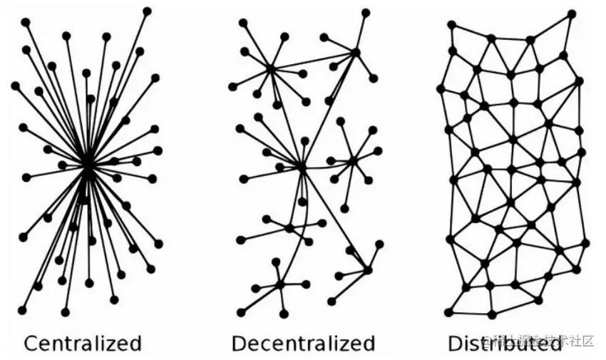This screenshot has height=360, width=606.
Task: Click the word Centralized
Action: pyautogui.click(x=83, y=343)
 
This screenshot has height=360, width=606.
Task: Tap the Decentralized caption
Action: pyautogui.click(x=303, y=343)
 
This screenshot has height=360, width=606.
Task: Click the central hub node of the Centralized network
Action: pyautogui.click(x=87, y=164)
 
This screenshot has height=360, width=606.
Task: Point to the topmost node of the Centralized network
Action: pyautogui.click(x=147, y=11)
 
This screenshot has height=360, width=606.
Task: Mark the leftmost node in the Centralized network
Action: pyautogui.click(x=15, y=86)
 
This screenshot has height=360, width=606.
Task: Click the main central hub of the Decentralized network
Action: pyautogui.click(x=302, y=167)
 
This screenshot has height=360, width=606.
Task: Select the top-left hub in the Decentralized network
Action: pyautogui.click(x=271, y=68)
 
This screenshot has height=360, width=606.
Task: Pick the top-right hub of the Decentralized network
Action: pyautogui.click(x=355, y=51)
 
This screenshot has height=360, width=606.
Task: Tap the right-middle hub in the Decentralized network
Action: pyautogui.click(x=352, y=161)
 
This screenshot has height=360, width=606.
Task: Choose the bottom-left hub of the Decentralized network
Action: pyautogui.click(x=280, y=284)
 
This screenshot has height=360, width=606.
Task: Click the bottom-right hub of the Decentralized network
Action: pyautogui.click(x=367, y=269)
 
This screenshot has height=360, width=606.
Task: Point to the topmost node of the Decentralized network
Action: pyautogui.click(x=366, y=13)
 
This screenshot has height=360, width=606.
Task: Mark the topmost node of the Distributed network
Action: pyautogui.click(x=572, y=14)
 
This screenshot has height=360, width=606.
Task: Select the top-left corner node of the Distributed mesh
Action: pyautogui.click(x=451, y=25)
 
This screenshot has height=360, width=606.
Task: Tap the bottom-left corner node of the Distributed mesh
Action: pyautogui.click(x=448, y=312)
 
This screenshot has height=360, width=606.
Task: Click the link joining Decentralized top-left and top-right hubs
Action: pyautogui.click(x=313, y=60)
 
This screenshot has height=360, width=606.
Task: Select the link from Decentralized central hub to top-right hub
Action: pyautogui.click(x=329, y=108)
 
